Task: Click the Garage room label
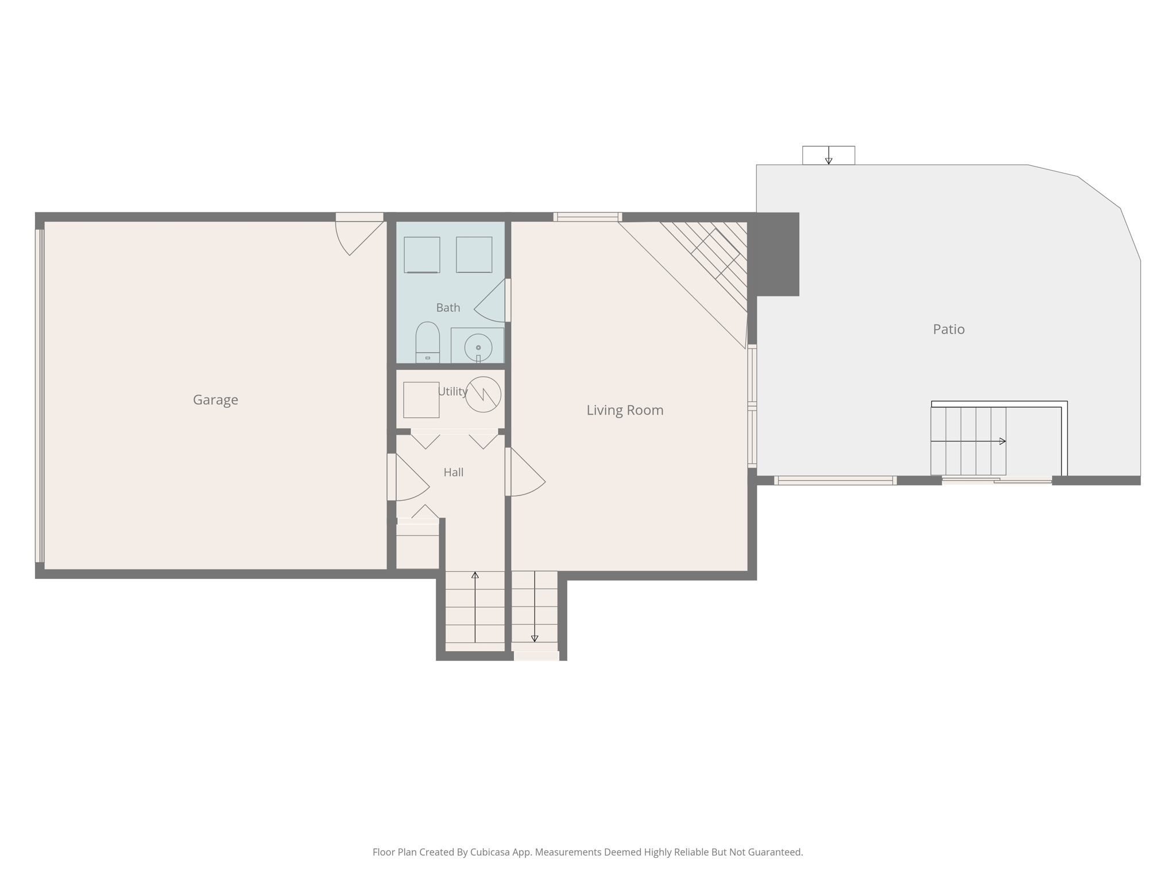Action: [x=215, y=400]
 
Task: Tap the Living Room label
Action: [x=625, y=410]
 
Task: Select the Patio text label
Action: [x=949, y=329]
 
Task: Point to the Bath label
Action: [x=448, y=308]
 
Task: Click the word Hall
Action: [x=453, y=472]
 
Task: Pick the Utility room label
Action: [x=452, y=391]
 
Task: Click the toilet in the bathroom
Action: [x=427, y=342]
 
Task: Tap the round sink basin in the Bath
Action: [x=478, y=347]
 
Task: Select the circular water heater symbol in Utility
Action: [x=483, y=394]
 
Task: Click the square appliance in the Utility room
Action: [x=421, y=400]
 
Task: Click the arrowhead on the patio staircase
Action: [x=1003, y=441]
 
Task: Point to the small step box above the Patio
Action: [x=828, y=155]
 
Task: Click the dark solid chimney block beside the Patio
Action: [x=777, y=254]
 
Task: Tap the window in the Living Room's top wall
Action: [x=587, y=217]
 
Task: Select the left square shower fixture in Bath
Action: [x=421, y=254]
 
